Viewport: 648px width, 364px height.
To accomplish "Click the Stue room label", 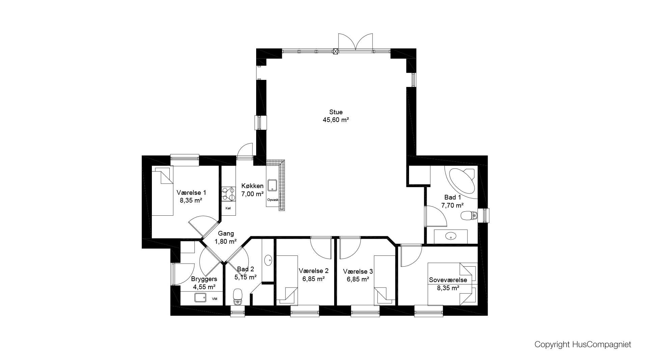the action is pyautogui.click(x=336, y=112).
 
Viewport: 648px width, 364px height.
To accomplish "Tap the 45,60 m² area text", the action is pyautogui.click(x=336, y=120).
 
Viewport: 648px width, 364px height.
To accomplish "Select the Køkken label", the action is pyautogui.click(x=252, y=186).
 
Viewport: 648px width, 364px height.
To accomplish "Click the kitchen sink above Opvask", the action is pyautogui.click(x=272, y=185).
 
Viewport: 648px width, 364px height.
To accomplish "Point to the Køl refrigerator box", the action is pyautogui.click(x=228, y=208).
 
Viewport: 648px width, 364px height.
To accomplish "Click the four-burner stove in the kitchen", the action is pyautogui.click(x=228, y=194).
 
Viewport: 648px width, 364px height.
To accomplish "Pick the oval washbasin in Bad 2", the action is pyautogui.click(x=268, y=260).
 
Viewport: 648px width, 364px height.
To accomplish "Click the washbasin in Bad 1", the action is pyautogui.click(x=451, y=236).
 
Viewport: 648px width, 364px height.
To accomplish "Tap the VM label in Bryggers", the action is pyautogui.click(x=215, y=299).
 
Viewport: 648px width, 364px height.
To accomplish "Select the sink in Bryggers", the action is pyautogui.click(x=200, y=298).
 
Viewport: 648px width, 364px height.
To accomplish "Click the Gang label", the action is pyautogui.click(x=226, y=234).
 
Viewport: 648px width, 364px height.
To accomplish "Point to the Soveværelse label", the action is pyautogui.click(x=448, y=280).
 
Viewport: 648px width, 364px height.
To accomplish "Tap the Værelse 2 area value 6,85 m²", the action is pyautogui.click(x=314, y=279).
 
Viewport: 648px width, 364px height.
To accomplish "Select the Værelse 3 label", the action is pyautogui.click(x=358, y=271).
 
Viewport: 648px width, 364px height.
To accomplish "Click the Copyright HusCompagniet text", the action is pyautogui.click(x=583, y=344).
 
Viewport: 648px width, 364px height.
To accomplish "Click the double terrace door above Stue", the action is pyautogui.click(x=355, y=42).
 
